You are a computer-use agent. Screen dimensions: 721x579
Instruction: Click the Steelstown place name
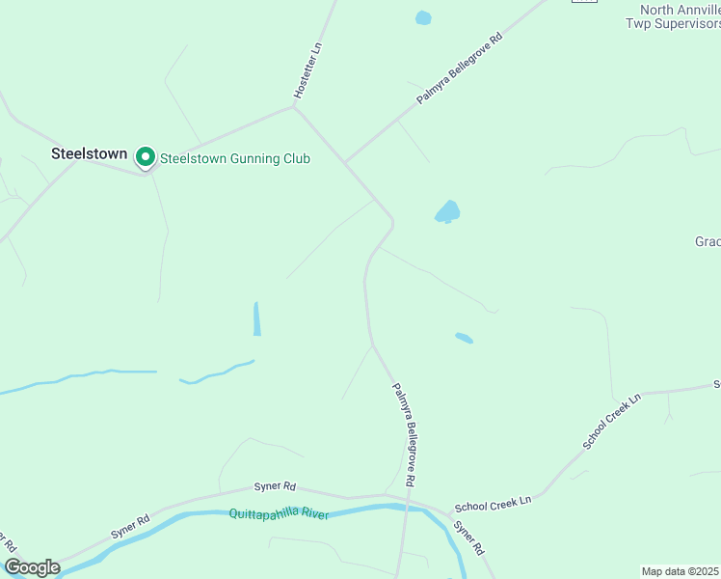[89, 153]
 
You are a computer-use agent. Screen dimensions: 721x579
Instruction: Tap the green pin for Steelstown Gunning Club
[146, 156]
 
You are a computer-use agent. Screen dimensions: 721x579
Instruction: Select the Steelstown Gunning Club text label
[234, 158]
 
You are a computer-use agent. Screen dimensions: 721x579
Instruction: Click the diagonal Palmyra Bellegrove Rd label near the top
[460, 70]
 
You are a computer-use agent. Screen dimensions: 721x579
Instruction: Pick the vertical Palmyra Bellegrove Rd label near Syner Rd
[404, 433]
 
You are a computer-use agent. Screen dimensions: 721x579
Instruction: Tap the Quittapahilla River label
[279, 514]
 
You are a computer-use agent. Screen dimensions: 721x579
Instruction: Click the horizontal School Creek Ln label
[493, 503]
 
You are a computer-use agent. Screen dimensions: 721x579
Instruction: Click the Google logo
[31, 567]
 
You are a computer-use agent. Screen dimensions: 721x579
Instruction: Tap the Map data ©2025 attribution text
[681, 571]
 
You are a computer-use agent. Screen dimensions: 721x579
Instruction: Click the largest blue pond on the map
[447, 211]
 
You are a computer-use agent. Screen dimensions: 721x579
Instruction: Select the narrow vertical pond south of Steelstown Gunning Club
[256, 318]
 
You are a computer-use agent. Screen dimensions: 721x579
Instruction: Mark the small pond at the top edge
[422, 17]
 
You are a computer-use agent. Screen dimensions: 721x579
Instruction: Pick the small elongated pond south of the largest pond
[464, 338]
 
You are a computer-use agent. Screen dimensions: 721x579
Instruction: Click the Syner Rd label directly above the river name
[275, 487]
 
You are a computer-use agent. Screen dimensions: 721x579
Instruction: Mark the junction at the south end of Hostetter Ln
[293, 106]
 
